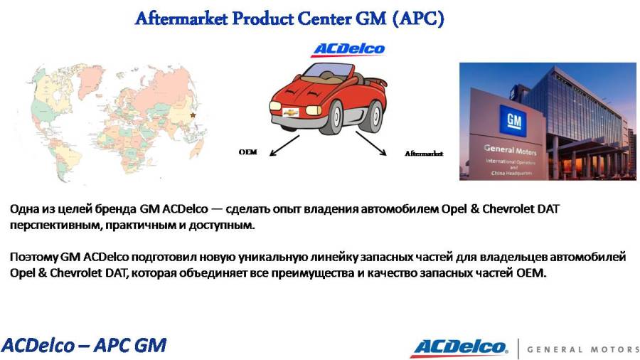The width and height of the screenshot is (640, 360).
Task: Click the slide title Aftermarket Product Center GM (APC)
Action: [x=289, y=18]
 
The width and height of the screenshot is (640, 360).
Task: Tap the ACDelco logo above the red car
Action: [x=348, y=49]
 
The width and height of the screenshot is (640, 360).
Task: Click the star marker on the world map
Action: [x=193, y=115]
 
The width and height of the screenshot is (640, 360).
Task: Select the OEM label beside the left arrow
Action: [x=247, y=152]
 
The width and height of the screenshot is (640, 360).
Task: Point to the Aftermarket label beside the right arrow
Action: [x=424, y=154]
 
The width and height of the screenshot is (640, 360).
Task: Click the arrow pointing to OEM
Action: [x=284, y=146]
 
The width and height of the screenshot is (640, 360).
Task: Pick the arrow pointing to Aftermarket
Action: [x=371, y=143]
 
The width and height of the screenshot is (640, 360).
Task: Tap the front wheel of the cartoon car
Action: [x=335, y=117]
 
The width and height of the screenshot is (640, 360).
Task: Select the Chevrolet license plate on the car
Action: [x=291, y=112]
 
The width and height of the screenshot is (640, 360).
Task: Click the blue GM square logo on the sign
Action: [x=513, y=120]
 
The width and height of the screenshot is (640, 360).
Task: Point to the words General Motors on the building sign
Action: [x=510, y=150]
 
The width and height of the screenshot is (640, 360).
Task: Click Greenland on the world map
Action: [x=90, y=79]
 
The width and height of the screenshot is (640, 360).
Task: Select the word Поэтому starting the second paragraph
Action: [x=34, y=257]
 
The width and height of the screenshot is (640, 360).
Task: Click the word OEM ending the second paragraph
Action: [x=531, y=272]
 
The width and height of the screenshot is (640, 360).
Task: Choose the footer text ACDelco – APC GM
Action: [x=84, y=345]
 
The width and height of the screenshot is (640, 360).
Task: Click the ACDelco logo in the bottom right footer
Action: [x=461, y=348]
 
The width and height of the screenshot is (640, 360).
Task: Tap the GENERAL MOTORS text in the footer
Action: [x=583, y=349]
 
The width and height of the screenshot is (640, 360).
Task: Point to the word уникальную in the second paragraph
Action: [x=272, y=257]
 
